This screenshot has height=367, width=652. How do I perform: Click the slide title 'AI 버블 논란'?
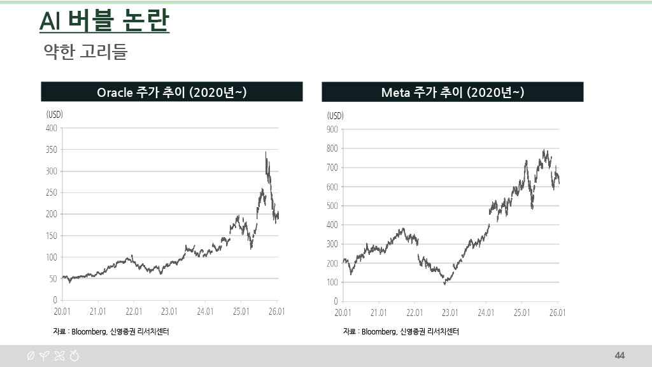[x=104, y=21]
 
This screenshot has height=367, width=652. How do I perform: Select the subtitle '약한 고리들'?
[x=85, y=52]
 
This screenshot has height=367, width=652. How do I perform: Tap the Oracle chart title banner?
[x=172, y=92]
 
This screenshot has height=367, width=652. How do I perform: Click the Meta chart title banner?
[x=452, y=92]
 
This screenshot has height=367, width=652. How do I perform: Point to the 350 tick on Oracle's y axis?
[x=50, y=150]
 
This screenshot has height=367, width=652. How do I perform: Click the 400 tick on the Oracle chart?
[x=50, y=128]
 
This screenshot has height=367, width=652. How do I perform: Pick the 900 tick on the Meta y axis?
[x=331, y=129]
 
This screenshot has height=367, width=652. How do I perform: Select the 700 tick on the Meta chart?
[x=331, y=168]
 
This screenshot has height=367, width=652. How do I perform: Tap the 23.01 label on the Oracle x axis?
[x=169, y=312]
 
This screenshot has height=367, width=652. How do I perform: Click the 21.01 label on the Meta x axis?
[x=379, y=313]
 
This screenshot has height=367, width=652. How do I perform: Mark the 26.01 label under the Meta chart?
[x=558, y=313]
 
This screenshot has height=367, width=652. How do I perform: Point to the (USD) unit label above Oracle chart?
[x=55, y=115]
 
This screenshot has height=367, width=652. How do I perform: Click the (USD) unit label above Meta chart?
[x=336, y=115]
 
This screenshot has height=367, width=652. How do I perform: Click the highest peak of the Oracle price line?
[x=266, y=152]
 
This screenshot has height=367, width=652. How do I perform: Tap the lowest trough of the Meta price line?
[x=445, y=284]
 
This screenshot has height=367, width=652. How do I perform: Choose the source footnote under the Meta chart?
[x=401, y=332]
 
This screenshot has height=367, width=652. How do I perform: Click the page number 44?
[x=620, y=355]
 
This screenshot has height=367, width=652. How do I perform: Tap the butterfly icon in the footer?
[x=59, y=356]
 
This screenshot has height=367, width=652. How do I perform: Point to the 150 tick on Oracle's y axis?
[x=50, y=236]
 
